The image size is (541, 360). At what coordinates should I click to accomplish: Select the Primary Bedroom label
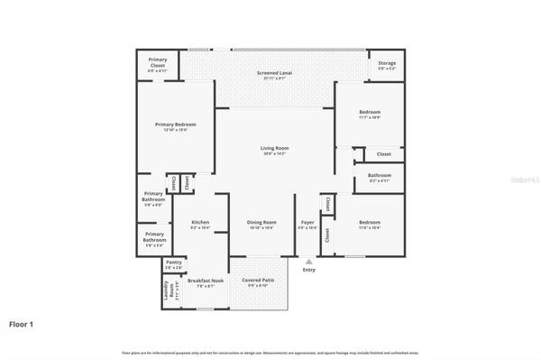tap(175, 124)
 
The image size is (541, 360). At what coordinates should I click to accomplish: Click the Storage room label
tap(387, 63)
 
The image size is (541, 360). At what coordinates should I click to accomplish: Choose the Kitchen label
tap(200, 222)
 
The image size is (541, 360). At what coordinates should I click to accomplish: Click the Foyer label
tap(307, 222)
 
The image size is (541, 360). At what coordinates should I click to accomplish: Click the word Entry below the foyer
tap(309, 270)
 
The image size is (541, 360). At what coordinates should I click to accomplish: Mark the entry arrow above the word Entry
tap(309, 261)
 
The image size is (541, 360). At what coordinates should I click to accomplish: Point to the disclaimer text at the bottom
tap(270, 352)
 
